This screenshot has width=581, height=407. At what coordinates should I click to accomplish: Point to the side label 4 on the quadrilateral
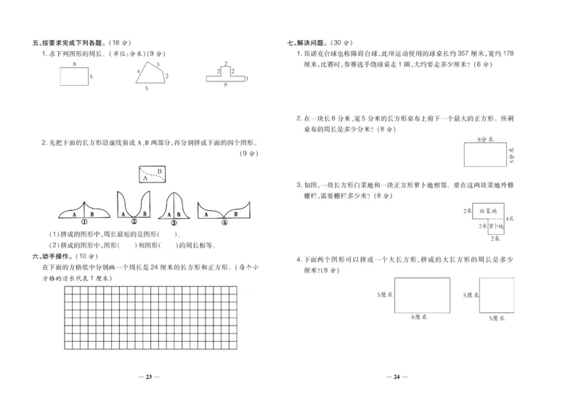[137, 71]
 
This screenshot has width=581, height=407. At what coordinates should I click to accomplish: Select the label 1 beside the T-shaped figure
[247, 78]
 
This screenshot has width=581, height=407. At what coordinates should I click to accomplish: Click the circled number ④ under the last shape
[224, 222]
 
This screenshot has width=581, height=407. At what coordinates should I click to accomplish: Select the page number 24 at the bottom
[397, 376]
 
